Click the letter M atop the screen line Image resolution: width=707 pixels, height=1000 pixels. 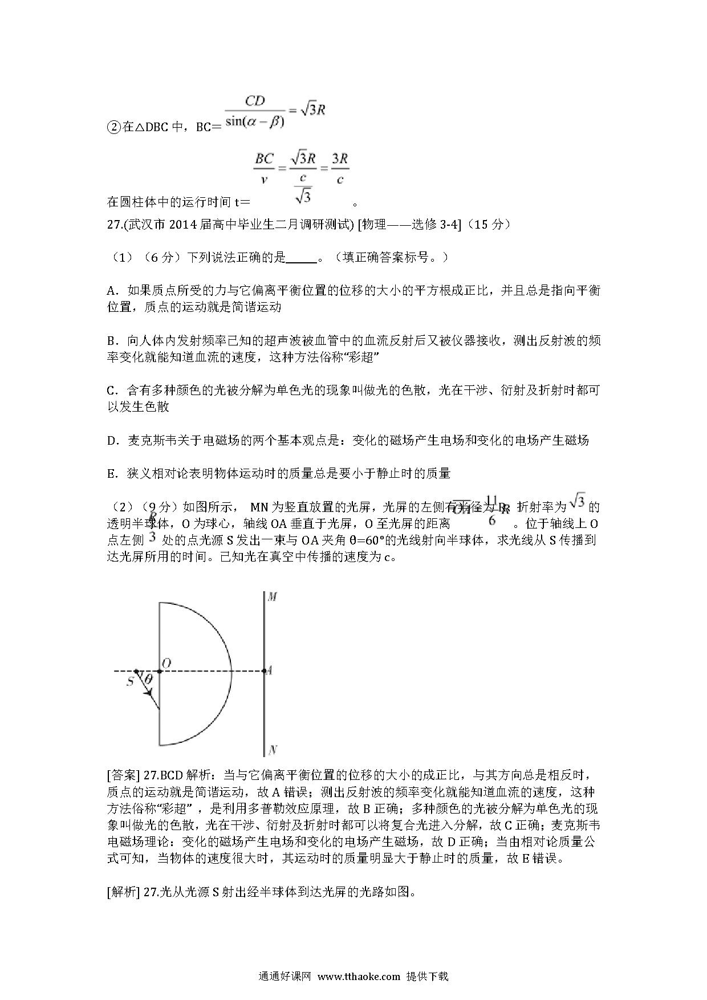coord(273,597)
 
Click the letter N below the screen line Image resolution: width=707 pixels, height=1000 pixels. coord(273,750)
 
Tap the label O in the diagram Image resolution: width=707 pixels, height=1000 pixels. coord(166,663)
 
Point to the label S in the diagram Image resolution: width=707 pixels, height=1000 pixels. coord(130,681)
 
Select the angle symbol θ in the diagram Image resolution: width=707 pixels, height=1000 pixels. coord(148,679)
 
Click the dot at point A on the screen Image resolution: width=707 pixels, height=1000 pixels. coord(265,671)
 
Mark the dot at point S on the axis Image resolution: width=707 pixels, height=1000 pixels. coord(136,672)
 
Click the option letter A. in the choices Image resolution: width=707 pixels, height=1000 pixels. coord(112,291)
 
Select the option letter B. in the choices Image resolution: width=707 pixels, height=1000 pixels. coord(112,341)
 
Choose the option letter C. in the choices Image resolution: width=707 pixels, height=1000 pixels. coord(112,391)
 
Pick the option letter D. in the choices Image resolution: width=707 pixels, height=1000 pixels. coord(112,440)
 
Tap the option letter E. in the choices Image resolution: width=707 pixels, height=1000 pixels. coord(112,473)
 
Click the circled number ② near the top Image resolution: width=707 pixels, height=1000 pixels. coord(113,127)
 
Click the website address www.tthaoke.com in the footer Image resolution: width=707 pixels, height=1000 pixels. coord(359,976)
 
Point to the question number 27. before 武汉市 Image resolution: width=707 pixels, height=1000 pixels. coord(114,225)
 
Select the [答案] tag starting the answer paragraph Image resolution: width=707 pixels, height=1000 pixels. coord(124,775)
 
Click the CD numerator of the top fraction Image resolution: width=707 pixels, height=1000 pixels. coord(255,101)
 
